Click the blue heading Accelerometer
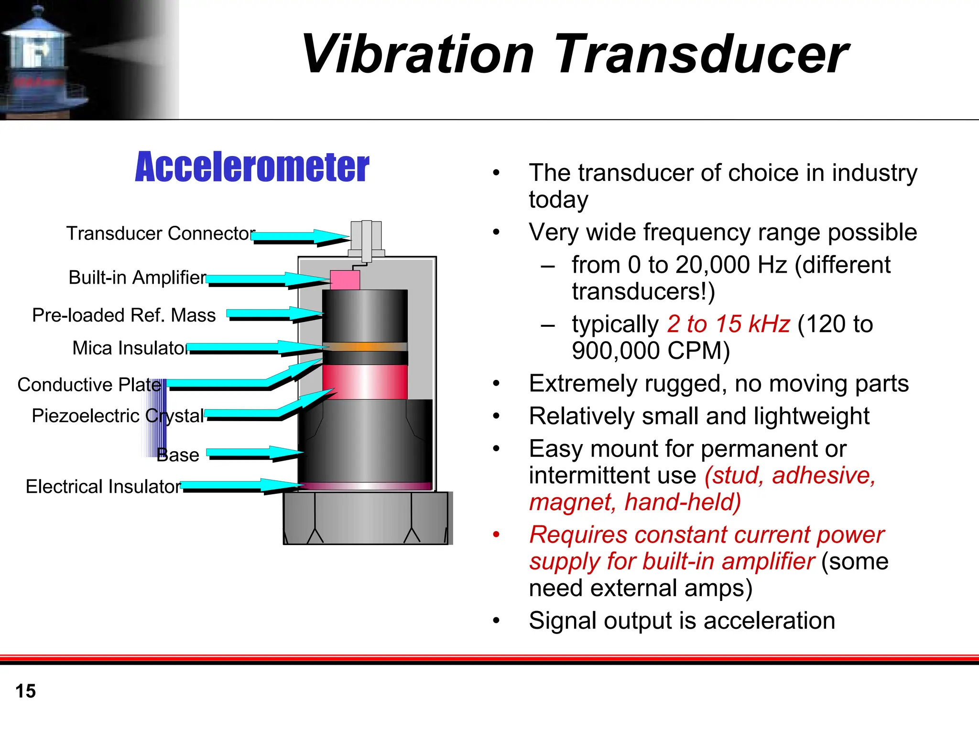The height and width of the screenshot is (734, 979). [252, 167]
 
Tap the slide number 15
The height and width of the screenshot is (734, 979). [25, 691]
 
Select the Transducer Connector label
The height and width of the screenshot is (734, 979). [160, 234]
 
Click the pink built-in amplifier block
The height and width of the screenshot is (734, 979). [345, 280]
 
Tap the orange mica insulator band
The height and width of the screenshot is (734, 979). [365, 346]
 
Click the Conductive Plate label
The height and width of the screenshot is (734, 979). [89, 385]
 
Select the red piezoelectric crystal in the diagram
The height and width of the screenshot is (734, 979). [365, 381]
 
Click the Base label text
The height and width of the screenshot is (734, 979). [177, 455]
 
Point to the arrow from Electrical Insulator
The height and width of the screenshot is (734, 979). [241, 486]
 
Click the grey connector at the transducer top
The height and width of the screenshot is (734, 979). [366, 239]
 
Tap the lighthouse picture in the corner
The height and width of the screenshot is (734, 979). [43, 60]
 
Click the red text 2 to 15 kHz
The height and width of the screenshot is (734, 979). [729, 324]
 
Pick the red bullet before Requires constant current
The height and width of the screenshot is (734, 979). [496, 534]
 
